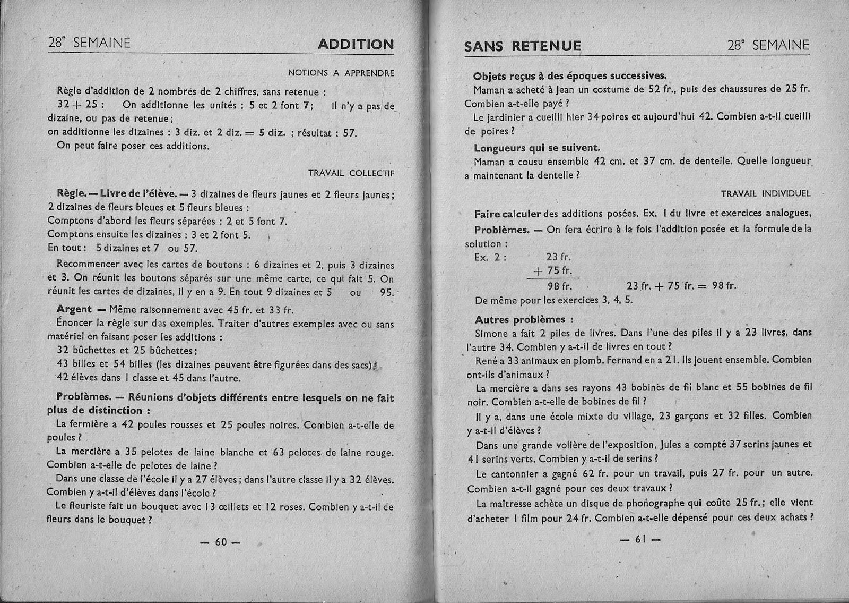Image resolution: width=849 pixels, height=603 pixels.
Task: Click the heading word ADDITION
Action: (356, 45)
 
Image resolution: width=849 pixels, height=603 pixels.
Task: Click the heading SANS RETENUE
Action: (522, 46)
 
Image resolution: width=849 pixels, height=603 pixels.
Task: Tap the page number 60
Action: (221, 542)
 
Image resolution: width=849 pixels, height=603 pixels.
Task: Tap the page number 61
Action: (640, 539)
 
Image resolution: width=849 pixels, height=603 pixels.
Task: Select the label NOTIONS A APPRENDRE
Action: (341, 73)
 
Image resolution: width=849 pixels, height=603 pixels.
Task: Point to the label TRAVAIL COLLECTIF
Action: (351, 173)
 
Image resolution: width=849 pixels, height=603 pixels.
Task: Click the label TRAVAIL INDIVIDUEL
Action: (766, 193)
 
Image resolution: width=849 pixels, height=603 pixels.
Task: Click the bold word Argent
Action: (74, 309)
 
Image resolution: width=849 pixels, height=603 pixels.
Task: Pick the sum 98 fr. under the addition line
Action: (559, 286)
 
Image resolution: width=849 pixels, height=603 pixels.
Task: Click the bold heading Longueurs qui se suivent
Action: (537, 148)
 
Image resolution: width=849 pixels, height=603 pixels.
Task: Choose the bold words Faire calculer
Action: (507, 214)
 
